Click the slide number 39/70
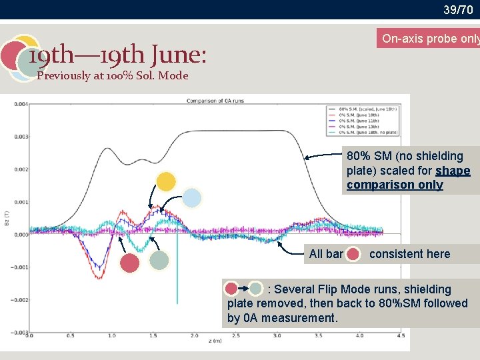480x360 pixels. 458,9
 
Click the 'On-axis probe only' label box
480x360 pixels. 429,39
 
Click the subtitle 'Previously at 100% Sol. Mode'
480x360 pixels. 113,75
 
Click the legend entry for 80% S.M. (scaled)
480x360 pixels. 363,108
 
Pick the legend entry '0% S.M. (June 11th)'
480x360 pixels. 360,120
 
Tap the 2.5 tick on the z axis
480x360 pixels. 235,336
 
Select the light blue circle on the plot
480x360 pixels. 192,198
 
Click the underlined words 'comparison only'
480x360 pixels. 395,185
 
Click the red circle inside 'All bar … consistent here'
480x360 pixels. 353,254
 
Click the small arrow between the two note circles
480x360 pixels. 243,289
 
